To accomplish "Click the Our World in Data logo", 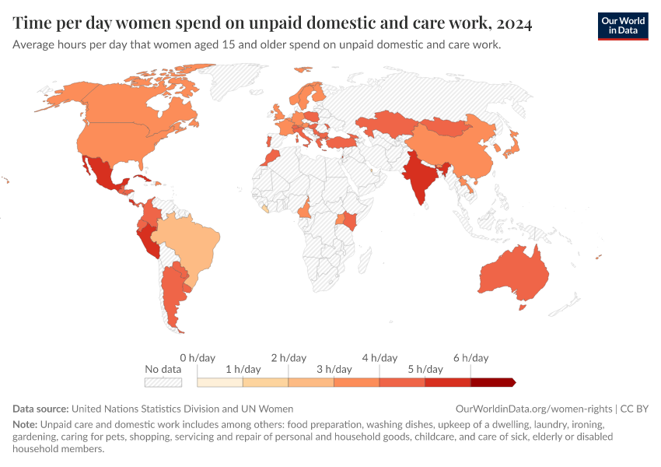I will point(622,26).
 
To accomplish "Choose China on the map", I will point(451,152).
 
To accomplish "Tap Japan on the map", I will point(512,143).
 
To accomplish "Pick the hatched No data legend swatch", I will point(163,382).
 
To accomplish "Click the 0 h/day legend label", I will point(197,358).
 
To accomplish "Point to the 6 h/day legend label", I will point(470,358).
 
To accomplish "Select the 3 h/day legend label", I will point(334,369).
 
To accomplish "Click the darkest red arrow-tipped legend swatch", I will point(492,382).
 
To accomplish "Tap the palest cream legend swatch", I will point(219,382).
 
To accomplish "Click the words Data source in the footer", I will point(40,409).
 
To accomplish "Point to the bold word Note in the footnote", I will point(26,426).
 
